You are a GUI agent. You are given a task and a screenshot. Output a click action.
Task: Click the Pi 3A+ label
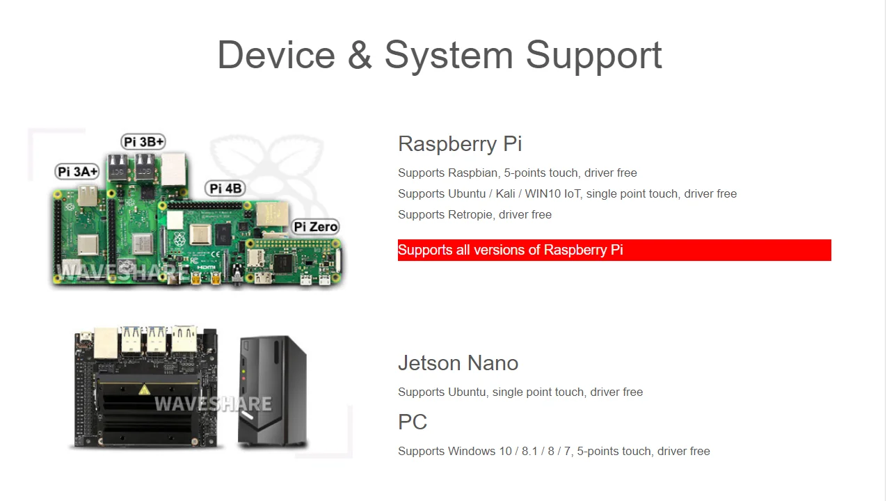coord(77,172)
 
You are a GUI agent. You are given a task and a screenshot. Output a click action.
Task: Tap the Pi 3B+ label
coord(143,142)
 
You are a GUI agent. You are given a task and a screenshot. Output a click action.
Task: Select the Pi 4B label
coord(225,189)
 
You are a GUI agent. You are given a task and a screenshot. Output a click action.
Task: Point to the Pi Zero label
coord(315,227)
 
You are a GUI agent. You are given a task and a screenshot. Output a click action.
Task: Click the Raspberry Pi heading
coord(460,144)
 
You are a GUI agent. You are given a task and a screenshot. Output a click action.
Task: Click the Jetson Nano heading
coord(458,363)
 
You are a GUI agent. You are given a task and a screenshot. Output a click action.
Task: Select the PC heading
coord(413,422)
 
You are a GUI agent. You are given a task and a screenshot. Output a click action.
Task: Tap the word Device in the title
coord(276,55)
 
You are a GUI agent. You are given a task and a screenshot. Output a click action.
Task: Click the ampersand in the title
coord(360,55)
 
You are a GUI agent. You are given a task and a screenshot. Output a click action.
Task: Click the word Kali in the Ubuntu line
coord(505,194)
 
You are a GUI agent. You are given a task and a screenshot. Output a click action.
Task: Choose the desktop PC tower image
coord(272,391)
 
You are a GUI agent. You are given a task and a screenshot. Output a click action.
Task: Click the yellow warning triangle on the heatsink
coord(144,389)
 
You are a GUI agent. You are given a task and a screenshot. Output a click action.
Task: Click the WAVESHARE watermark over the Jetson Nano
coord(212,404)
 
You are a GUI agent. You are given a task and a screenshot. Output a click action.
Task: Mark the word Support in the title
coord(593,55)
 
